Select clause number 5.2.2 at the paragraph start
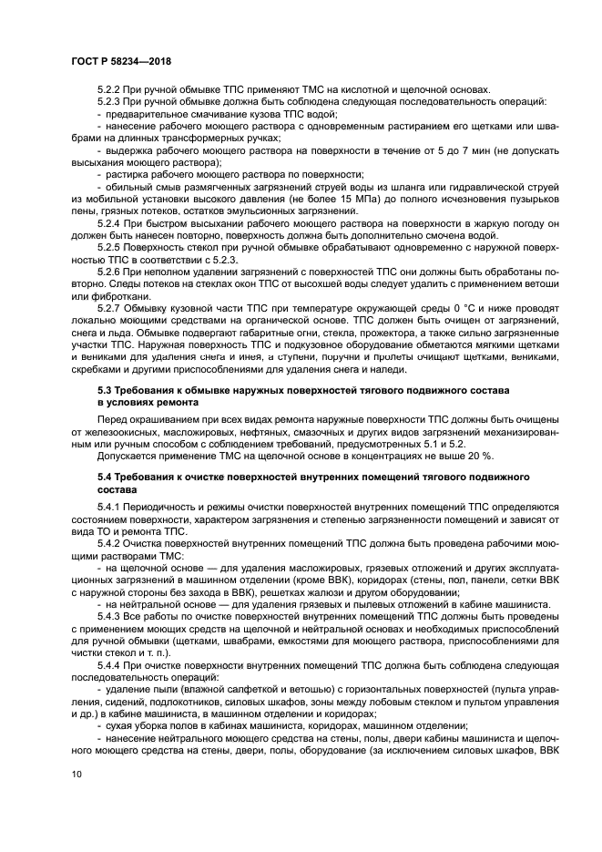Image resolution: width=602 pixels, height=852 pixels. click(x=110, y=89)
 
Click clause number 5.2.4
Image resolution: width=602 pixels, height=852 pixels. click(x=110, y=222)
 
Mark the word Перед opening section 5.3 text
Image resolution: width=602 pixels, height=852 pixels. click(x=113, y=419)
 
